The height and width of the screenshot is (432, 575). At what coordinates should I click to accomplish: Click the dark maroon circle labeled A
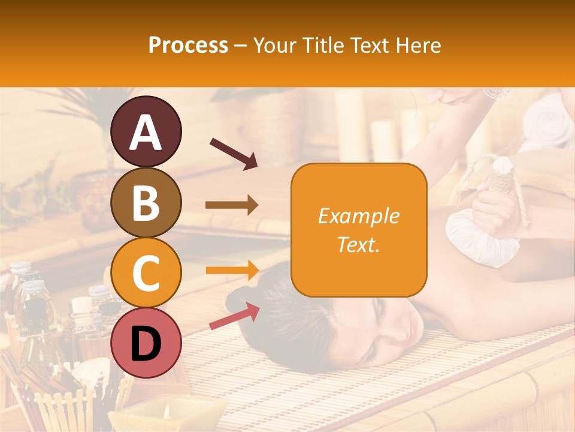146,131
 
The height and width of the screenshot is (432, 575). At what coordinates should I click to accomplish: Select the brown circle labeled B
146,202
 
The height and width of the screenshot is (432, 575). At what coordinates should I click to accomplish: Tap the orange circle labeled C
146,273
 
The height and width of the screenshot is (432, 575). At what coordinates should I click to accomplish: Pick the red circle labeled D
146,343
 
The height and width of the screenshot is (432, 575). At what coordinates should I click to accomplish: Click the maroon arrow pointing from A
233,153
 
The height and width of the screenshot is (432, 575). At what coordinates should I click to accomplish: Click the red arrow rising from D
234,317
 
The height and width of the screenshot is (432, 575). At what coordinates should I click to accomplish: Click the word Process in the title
188,46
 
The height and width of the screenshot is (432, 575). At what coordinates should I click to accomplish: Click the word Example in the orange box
358,216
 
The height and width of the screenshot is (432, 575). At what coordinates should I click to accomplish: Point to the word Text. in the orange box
358,244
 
